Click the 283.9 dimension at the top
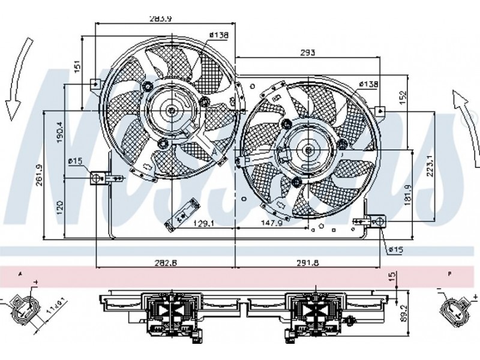[161, 18]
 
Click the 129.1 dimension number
[203, 223]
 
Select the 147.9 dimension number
[268, 223]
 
